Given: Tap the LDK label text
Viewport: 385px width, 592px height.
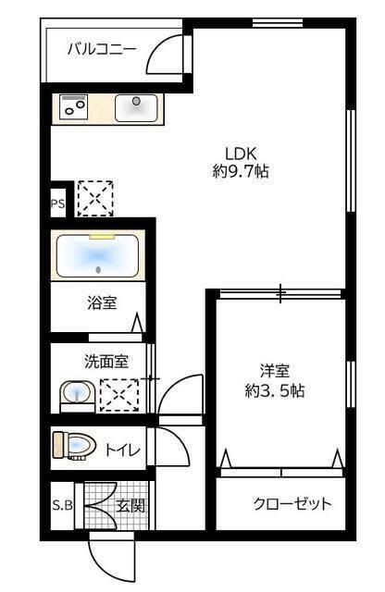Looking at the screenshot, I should coord(240,154).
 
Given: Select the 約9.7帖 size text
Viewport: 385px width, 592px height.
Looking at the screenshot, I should coord(240,171).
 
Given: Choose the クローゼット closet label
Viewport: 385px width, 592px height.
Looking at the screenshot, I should coord(292,503).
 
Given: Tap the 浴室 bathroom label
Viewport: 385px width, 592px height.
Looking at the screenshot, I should coord(102,303).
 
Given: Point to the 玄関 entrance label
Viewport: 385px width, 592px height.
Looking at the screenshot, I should coord(130,506).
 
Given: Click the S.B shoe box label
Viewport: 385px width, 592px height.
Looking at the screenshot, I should coord(62,506).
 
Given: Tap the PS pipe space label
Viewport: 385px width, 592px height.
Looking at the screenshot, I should coord(58,204).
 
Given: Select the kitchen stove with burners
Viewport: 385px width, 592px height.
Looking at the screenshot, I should coord(74,107).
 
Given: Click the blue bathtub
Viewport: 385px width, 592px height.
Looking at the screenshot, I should coord(98,255).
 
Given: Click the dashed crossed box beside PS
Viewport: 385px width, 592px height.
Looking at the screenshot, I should coord(94,197).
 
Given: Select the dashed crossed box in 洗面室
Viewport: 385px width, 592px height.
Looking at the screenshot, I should coord(118,395).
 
